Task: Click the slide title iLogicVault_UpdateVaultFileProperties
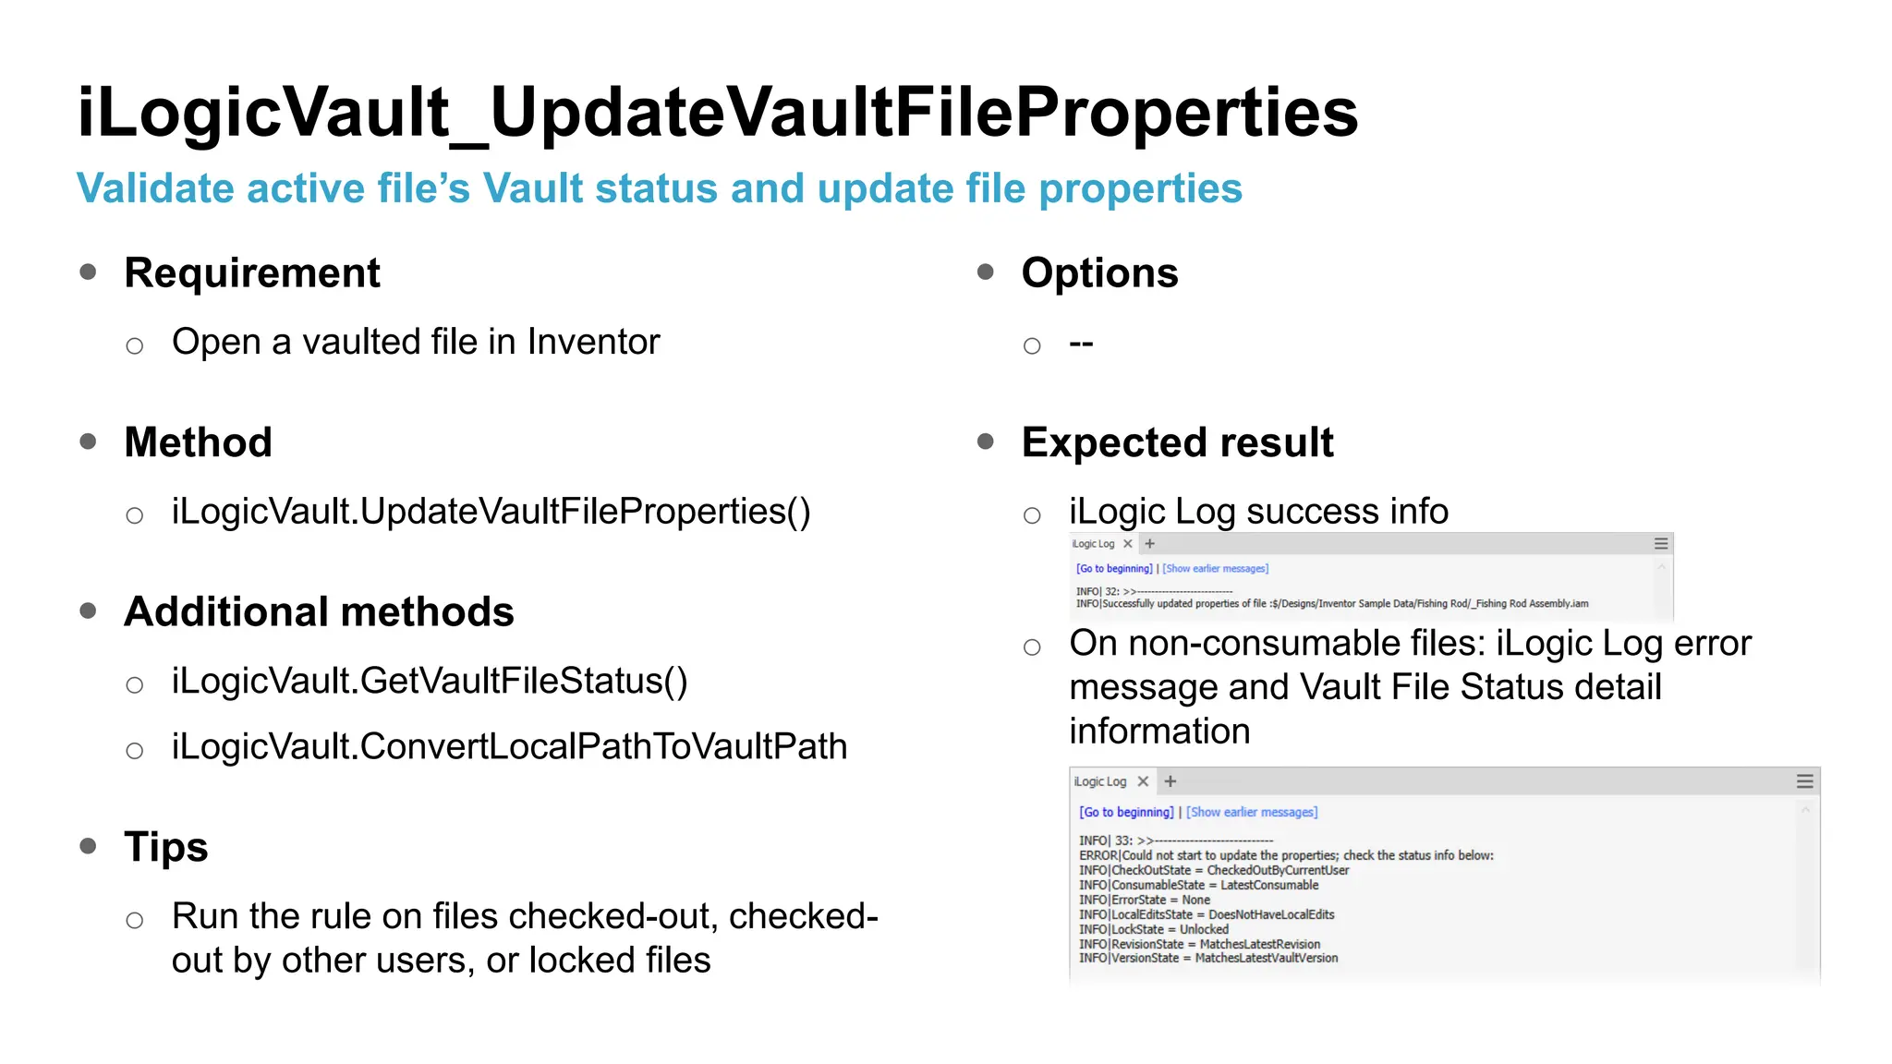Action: (x=717, y=113)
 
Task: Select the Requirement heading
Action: (x=251, y=273)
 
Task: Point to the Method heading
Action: (x=198, y=442)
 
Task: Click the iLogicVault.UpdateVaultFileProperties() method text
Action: (x=491, y=512)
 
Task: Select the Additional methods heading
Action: (x=319, y=612)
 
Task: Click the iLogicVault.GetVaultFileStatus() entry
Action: (x=430, y=682)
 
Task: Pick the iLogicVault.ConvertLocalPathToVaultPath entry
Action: (x=509, y=747)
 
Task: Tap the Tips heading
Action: (x=166, y=847)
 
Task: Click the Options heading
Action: (x=1099, y=273)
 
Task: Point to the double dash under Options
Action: (x=1081, y=344)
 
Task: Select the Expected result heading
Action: (x=1177, y=442)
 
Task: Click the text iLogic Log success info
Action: (x=1258, y=512)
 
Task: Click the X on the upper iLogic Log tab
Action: (x=1128, y=544)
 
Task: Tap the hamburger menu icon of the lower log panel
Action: (x=1804, y=781)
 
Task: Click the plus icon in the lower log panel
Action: (x=1170, y=781)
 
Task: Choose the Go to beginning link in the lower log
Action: (x=1126, y=812)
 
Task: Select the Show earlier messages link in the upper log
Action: (x=1215, y=569)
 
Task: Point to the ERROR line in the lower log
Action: (x=1285, y=855)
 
